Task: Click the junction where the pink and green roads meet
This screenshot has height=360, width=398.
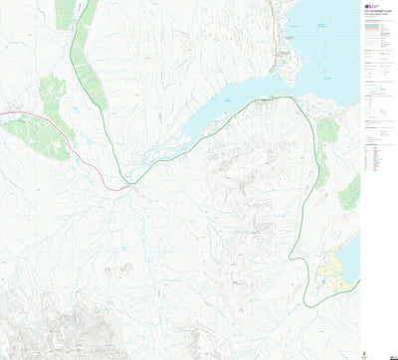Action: [126, 184]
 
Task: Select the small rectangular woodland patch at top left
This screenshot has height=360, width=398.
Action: [65, 14]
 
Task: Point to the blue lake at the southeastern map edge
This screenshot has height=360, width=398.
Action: [350, 254]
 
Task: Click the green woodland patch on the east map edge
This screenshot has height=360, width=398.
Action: [350, 192]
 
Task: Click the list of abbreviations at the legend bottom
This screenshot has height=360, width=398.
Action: [378, 159]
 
